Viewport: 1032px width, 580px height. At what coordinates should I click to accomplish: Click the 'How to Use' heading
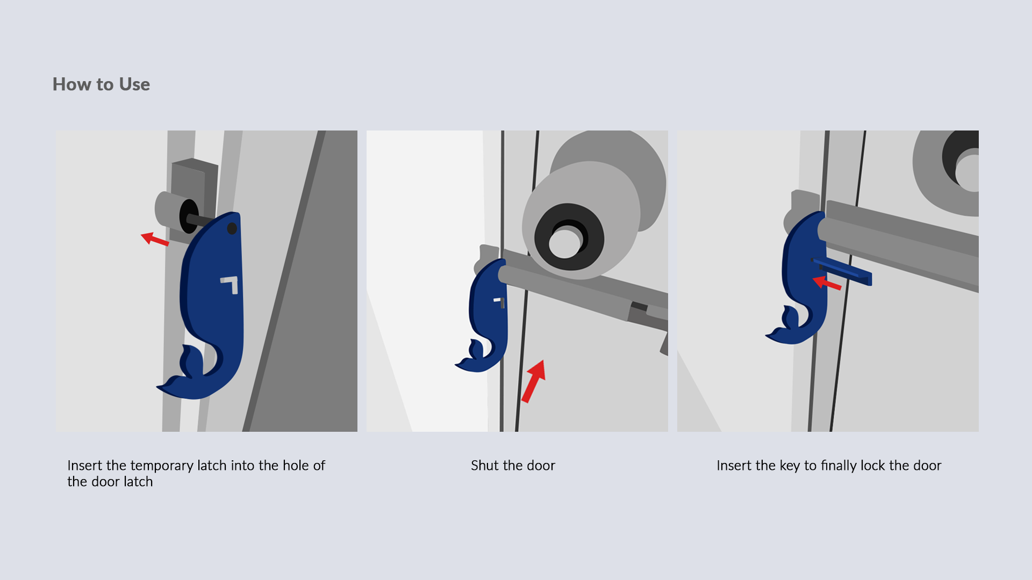coord(101,84)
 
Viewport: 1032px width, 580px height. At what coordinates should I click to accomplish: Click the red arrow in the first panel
coord(155,239)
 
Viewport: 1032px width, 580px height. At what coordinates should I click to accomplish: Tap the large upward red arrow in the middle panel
coord(534,381)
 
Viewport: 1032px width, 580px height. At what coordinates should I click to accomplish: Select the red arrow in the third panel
coord(827,283)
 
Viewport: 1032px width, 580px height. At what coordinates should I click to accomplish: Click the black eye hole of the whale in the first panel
coord(232,228)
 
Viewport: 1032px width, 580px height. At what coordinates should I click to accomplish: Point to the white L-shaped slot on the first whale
coord(230,284)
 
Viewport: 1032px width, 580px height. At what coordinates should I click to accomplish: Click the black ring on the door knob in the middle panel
coord(569,236)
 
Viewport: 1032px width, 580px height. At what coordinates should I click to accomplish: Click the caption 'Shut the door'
coord(513,466)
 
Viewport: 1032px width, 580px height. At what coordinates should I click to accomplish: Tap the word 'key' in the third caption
coord(790,466)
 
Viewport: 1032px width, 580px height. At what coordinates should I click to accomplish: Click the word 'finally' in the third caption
coord(838,466)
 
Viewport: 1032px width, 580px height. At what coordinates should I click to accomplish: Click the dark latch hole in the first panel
coord(189,216)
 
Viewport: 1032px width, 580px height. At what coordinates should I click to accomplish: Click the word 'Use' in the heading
coord(134,84)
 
